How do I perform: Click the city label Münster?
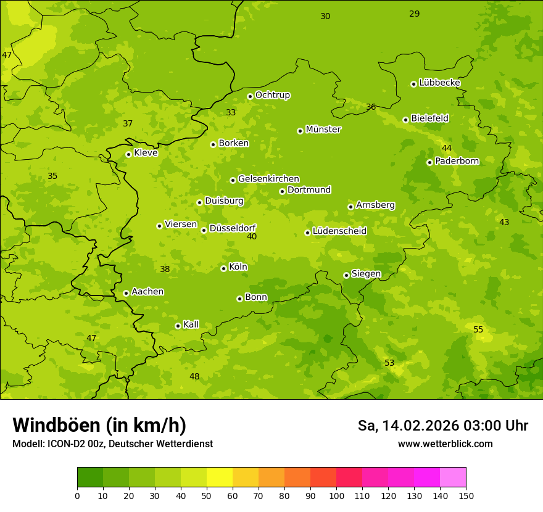point(323,130)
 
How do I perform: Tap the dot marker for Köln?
point(223,268)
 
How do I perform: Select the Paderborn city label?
point(457,161)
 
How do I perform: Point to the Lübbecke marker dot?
point(413,84)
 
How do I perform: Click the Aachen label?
point(147,292)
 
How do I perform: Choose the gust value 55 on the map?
point(478,329)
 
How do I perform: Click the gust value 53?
point(389,363)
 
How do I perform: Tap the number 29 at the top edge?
point(415,14)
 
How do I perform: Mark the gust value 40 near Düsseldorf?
point(252,236)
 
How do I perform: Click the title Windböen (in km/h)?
point(99,425)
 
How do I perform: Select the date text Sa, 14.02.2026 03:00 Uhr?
point(443,426)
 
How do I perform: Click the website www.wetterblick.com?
point(445,444)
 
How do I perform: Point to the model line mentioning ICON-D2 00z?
point(112,444)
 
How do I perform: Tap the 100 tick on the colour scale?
point(336,495)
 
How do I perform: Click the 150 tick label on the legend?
point(466,495)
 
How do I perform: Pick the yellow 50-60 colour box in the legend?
point(220,477)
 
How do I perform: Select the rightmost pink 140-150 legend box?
point(453,477)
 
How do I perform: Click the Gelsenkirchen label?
point(268,179)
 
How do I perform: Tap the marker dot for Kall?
point(178,326)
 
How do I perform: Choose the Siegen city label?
point(366,274)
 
